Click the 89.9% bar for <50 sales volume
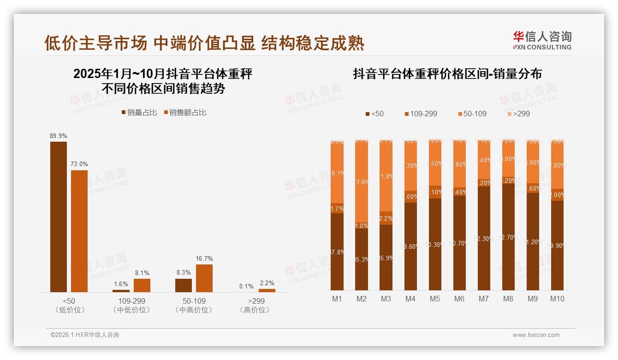(x=59, y=216)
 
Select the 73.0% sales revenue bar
(x=79, y=231)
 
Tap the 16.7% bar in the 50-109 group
(x=204, y=278)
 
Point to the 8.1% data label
(x=142, y=273)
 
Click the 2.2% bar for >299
(x=267, y=290)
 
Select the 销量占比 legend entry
(x=139, y=113)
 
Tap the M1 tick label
(x=337, y=299)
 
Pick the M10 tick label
(x=557, y=299)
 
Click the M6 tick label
(x=459, y=299)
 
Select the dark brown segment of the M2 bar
(x=362, y=259)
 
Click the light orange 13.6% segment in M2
(x=362, y=182)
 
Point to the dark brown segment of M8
(x=508, y=237)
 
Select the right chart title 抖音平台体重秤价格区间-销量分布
(x=447, y=74)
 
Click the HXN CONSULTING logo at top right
(x=542, y=41)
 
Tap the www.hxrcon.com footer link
(x=536, y=335)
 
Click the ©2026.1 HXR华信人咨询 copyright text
(x=85, y=335)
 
